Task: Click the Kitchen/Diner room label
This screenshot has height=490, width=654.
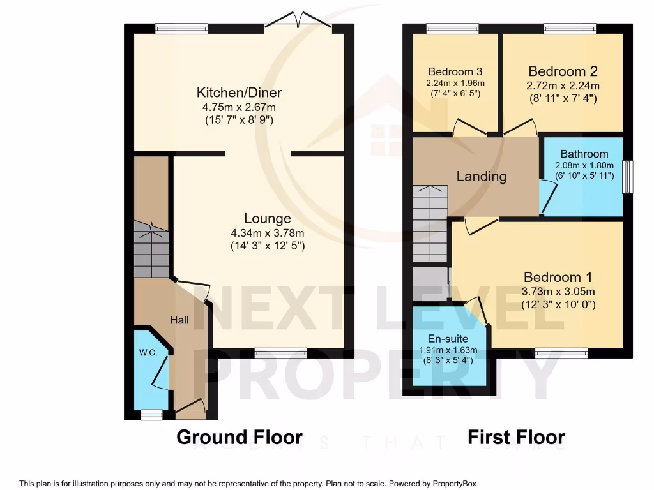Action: coord(239,93)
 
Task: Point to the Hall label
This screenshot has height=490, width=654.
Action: coord(179,320)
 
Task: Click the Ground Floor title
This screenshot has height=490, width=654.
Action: coord(239,438)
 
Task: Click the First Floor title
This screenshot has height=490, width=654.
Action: coord(516,438)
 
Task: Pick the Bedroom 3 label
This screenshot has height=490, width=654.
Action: coord(455,71)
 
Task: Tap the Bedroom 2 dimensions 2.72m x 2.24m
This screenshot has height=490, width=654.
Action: coord(563,85)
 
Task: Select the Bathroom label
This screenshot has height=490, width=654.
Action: coord(584,154)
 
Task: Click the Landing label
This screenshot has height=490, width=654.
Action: coord(481,177)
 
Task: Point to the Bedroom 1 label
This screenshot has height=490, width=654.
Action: coord(558,277)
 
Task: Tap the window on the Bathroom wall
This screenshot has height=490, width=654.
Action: coord(627,177)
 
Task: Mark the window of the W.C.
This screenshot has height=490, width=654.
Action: coord(151,415)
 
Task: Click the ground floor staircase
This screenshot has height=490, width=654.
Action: coord(151,252)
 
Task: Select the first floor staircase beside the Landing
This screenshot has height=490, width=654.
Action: coord(429,223)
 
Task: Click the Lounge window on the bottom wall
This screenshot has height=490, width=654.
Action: coord(280,352)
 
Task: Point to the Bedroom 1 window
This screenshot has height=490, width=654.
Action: coord(561,352)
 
